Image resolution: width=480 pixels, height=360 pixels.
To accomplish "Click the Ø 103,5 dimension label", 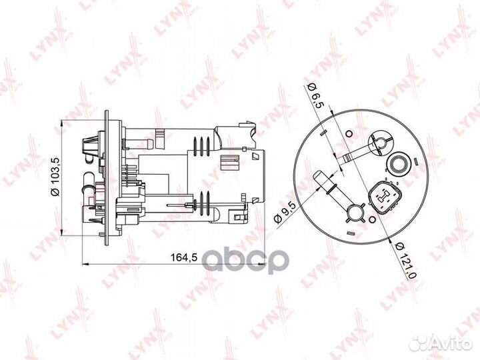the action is [x=55, y=177].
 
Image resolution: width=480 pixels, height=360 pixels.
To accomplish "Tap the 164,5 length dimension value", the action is [x=184, y=257].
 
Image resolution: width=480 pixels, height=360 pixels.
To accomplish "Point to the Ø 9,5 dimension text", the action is [x=285, y=213].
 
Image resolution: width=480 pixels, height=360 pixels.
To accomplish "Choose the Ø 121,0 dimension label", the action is [x=405, y=260].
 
